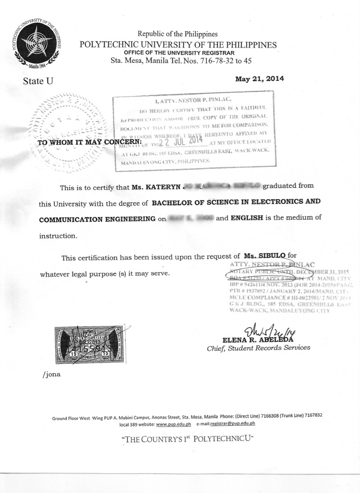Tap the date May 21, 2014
click(260, 79)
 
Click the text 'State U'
click(38, 81)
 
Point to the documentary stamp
click(89, 344)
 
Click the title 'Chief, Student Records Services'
click(258, 348)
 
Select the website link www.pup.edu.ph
click(173, 423)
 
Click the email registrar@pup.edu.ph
click(232, 423)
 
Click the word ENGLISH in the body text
click(247, 217)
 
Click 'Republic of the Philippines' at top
click(178, 34)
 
